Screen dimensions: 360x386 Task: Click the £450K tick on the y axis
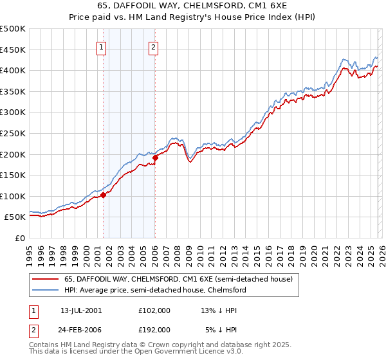coord(13,50)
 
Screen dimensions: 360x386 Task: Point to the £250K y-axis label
coord(13,133)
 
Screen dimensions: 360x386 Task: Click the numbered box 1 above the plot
coord(102,46)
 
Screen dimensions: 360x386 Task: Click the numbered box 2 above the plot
coord(154,46)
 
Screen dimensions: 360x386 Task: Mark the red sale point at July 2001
coord(103,195)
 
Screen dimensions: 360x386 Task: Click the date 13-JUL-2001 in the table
coord(81,310)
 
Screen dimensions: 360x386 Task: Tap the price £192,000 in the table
coord(154,329)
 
